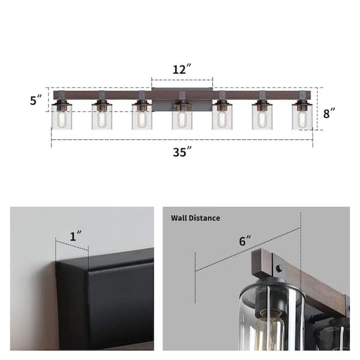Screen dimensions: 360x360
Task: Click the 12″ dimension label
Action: pos(182,69)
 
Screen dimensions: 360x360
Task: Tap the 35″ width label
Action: pos(182,152)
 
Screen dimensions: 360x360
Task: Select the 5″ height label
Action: pos(36,100)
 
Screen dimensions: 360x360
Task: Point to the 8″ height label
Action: pos(329,113)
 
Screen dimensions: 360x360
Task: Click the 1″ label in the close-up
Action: pos(76,236)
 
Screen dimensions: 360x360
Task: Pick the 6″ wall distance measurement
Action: pos(245,241)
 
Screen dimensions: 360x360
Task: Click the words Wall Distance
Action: pos(196,218)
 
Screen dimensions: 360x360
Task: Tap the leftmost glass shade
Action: pos(62,117)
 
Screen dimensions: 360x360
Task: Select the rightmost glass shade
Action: pos(302,117)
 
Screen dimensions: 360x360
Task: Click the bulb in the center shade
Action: pos(182,119)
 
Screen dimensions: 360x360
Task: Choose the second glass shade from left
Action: pos(102,117)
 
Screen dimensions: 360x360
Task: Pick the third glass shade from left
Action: pos(142,117)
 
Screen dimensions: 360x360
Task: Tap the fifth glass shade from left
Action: pos(222,117)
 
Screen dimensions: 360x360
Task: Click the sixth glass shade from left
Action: pos(262,117)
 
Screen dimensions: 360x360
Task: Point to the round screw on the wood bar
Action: pos(279,268)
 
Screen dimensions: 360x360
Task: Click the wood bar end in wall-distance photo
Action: pos(262,264)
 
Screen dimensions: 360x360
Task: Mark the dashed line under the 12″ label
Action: pos(182,80)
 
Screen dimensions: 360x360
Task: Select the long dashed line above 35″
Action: pos(182,139)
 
